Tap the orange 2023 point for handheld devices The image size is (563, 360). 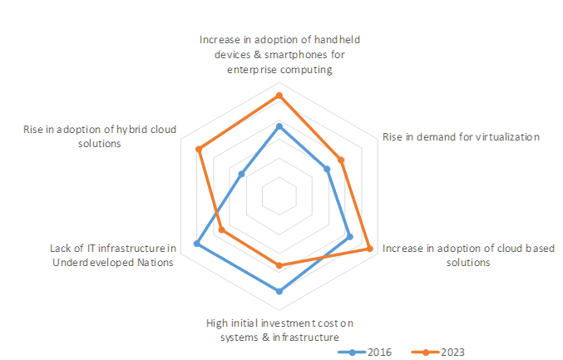(279, 96)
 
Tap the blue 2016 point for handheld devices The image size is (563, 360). (279, 126)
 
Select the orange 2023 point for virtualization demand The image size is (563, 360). (341, 160)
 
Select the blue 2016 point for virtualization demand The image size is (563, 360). (327, 169)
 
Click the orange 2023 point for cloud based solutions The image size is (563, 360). (369, 248)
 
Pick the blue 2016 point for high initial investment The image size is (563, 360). (279, 292)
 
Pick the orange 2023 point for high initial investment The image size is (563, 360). (279, 266)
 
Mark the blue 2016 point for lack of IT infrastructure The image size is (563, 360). (197, 244)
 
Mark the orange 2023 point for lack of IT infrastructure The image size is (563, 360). (222, 229)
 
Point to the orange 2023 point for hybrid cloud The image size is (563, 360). (199, 150)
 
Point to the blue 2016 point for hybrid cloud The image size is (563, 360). (241, 175)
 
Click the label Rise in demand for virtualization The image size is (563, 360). (461, 137)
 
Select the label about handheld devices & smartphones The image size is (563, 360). (279, 55)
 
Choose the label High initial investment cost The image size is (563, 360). (279, 330)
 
